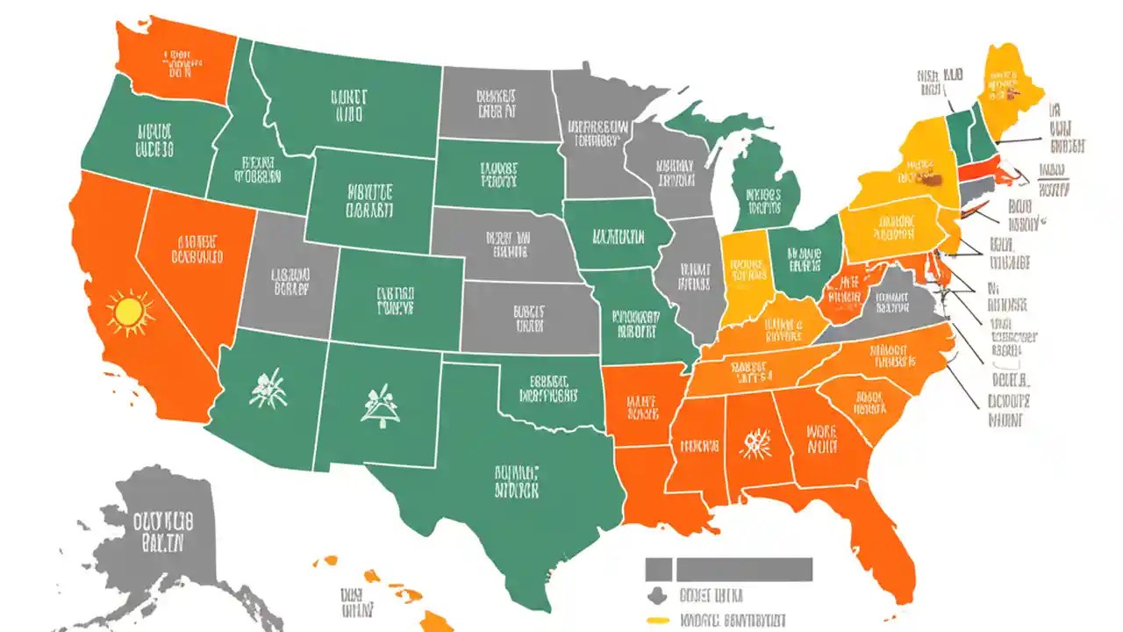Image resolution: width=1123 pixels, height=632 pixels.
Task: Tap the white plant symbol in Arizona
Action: coord(267,389)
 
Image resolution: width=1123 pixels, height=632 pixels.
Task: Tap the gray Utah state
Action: coord(290,281)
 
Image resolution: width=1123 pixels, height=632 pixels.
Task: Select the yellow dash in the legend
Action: coord(658,621)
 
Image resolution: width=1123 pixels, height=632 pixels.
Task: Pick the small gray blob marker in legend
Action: coord(654,596)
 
